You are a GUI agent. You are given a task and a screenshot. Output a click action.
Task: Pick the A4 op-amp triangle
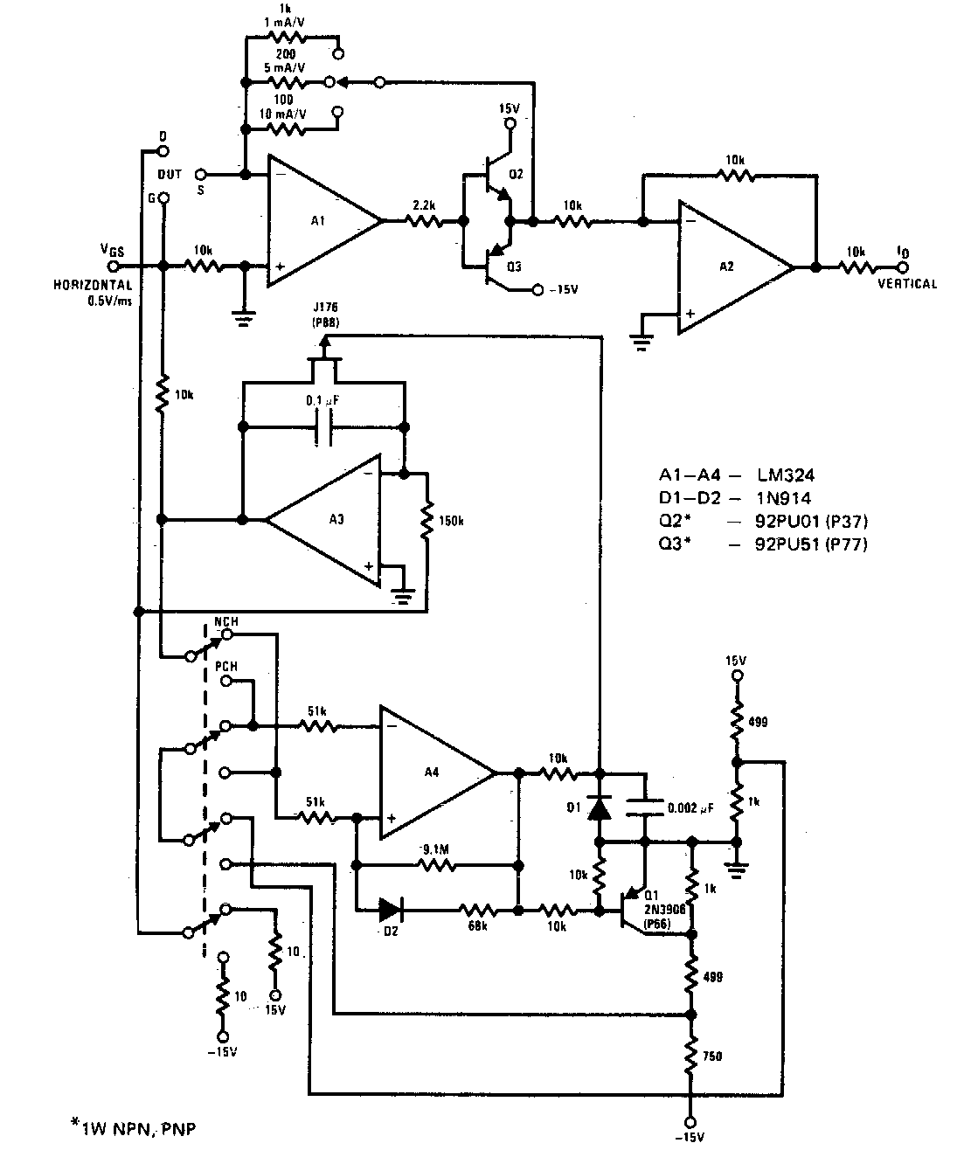(x=433, y=772)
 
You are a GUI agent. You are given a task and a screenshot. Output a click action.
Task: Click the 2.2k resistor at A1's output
(x=423, y=222)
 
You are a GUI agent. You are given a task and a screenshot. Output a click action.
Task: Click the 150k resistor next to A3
(x=426, y=520)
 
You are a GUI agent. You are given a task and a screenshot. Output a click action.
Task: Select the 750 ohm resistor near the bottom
(x=691, y=1056)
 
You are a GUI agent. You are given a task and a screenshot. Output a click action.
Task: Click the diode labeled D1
(x=599, y=808)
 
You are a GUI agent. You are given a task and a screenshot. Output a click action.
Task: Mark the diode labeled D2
(x=390, y=910)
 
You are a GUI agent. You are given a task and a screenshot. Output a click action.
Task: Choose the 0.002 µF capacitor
(x=645, y=808)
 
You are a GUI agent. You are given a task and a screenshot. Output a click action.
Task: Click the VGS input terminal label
(x=111, y=250)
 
